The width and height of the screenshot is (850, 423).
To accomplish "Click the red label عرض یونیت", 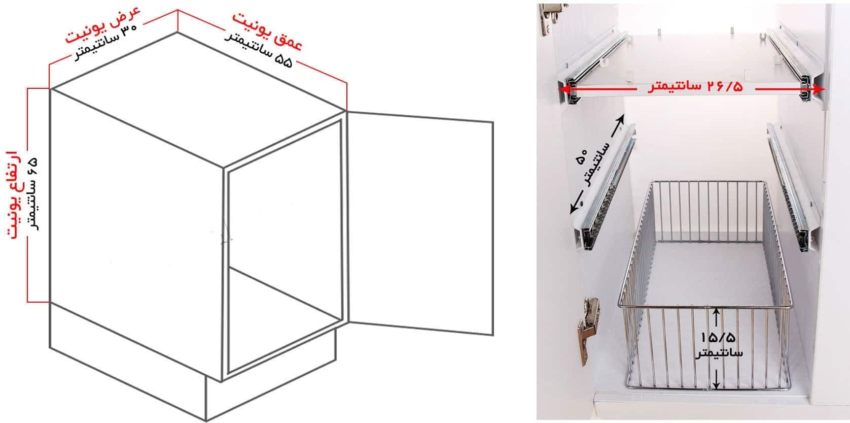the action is [x=103, y=25].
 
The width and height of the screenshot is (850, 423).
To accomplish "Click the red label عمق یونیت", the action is [x=267, y=32].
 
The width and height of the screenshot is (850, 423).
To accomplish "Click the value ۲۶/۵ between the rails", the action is [x=725, y=87].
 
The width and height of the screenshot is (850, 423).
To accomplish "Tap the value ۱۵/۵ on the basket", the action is [x=718, y=337].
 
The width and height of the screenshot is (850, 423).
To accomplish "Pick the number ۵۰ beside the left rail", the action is [x=581, y=156].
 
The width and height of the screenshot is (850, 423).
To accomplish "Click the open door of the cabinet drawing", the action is [x=420, y=223].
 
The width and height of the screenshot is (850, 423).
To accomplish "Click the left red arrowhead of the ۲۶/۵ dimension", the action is [x=566, y=89].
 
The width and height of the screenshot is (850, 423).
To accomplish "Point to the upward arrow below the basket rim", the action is [x=716, y=317].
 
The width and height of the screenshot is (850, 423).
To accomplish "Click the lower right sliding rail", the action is [x=794, y=187].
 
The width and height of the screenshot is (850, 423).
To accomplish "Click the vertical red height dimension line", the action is [x=27, y=195].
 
